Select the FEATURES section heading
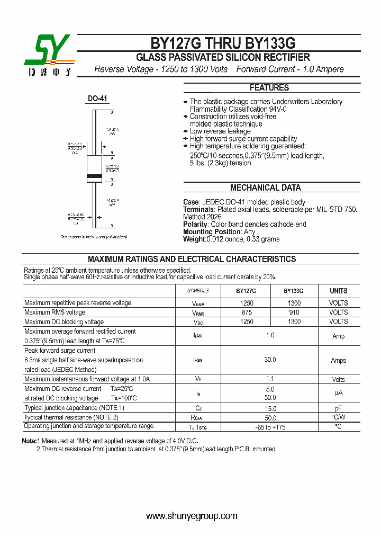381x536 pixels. [269, 88]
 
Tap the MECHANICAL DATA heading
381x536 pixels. [265, 187]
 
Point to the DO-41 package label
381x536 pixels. [97, 99]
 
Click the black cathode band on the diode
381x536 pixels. [94, 175]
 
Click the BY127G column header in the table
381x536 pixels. [246, 291]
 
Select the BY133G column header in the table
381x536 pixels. [294, 291]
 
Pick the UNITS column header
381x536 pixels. [339, 291]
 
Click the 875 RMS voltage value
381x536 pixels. [247, 312]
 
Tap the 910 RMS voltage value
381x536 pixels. [294, 312]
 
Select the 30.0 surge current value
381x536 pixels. [270, 360]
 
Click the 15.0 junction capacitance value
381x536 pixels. [270, 408]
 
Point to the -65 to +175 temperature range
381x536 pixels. [270, 427]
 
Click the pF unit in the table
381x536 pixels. [339, 408]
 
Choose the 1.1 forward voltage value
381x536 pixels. [270, 379]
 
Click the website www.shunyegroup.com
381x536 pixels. [192, 516]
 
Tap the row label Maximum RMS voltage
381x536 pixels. [55, 312]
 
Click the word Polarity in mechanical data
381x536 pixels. [196, 225]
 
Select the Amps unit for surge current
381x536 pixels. [339, 361]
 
